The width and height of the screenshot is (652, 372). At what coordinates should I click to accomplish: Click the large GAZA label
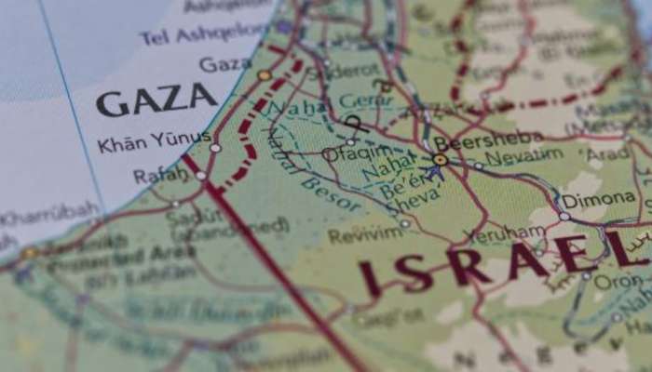pos(156,100)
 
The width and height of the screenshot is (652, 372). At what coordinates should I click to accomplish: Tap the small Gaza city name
pos(224,64)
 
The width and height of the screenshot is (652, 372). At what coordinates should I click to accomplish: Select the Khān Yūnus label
pos(143,146)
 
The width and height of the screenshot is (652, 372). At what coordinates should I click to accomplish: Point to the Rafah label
pos(160,175)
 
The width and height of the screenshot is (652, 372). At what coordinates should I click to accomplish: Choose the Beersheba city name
pos(475,141)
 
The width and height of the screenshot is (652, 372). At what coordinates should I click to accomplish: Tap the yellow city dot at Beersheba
pos(440,160)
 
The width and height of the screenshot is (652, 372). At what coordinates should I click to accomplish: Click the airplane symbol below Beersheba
pos(434,173)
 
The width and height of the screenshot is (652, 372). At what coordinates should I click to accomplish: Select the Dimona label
pos(600,198)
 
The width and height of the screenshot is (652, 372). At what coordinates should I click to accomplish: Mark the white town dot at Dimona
pos(564,216)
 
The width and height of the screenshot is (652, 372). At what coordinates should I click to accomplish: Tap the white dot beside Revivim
pos(404,224)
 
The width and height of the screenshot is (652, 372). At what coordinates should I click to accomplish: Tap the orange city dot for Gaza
pos(265,74)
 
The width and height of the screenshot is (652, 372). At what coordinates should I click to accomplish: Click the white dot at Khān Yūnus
pos(215,147)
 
